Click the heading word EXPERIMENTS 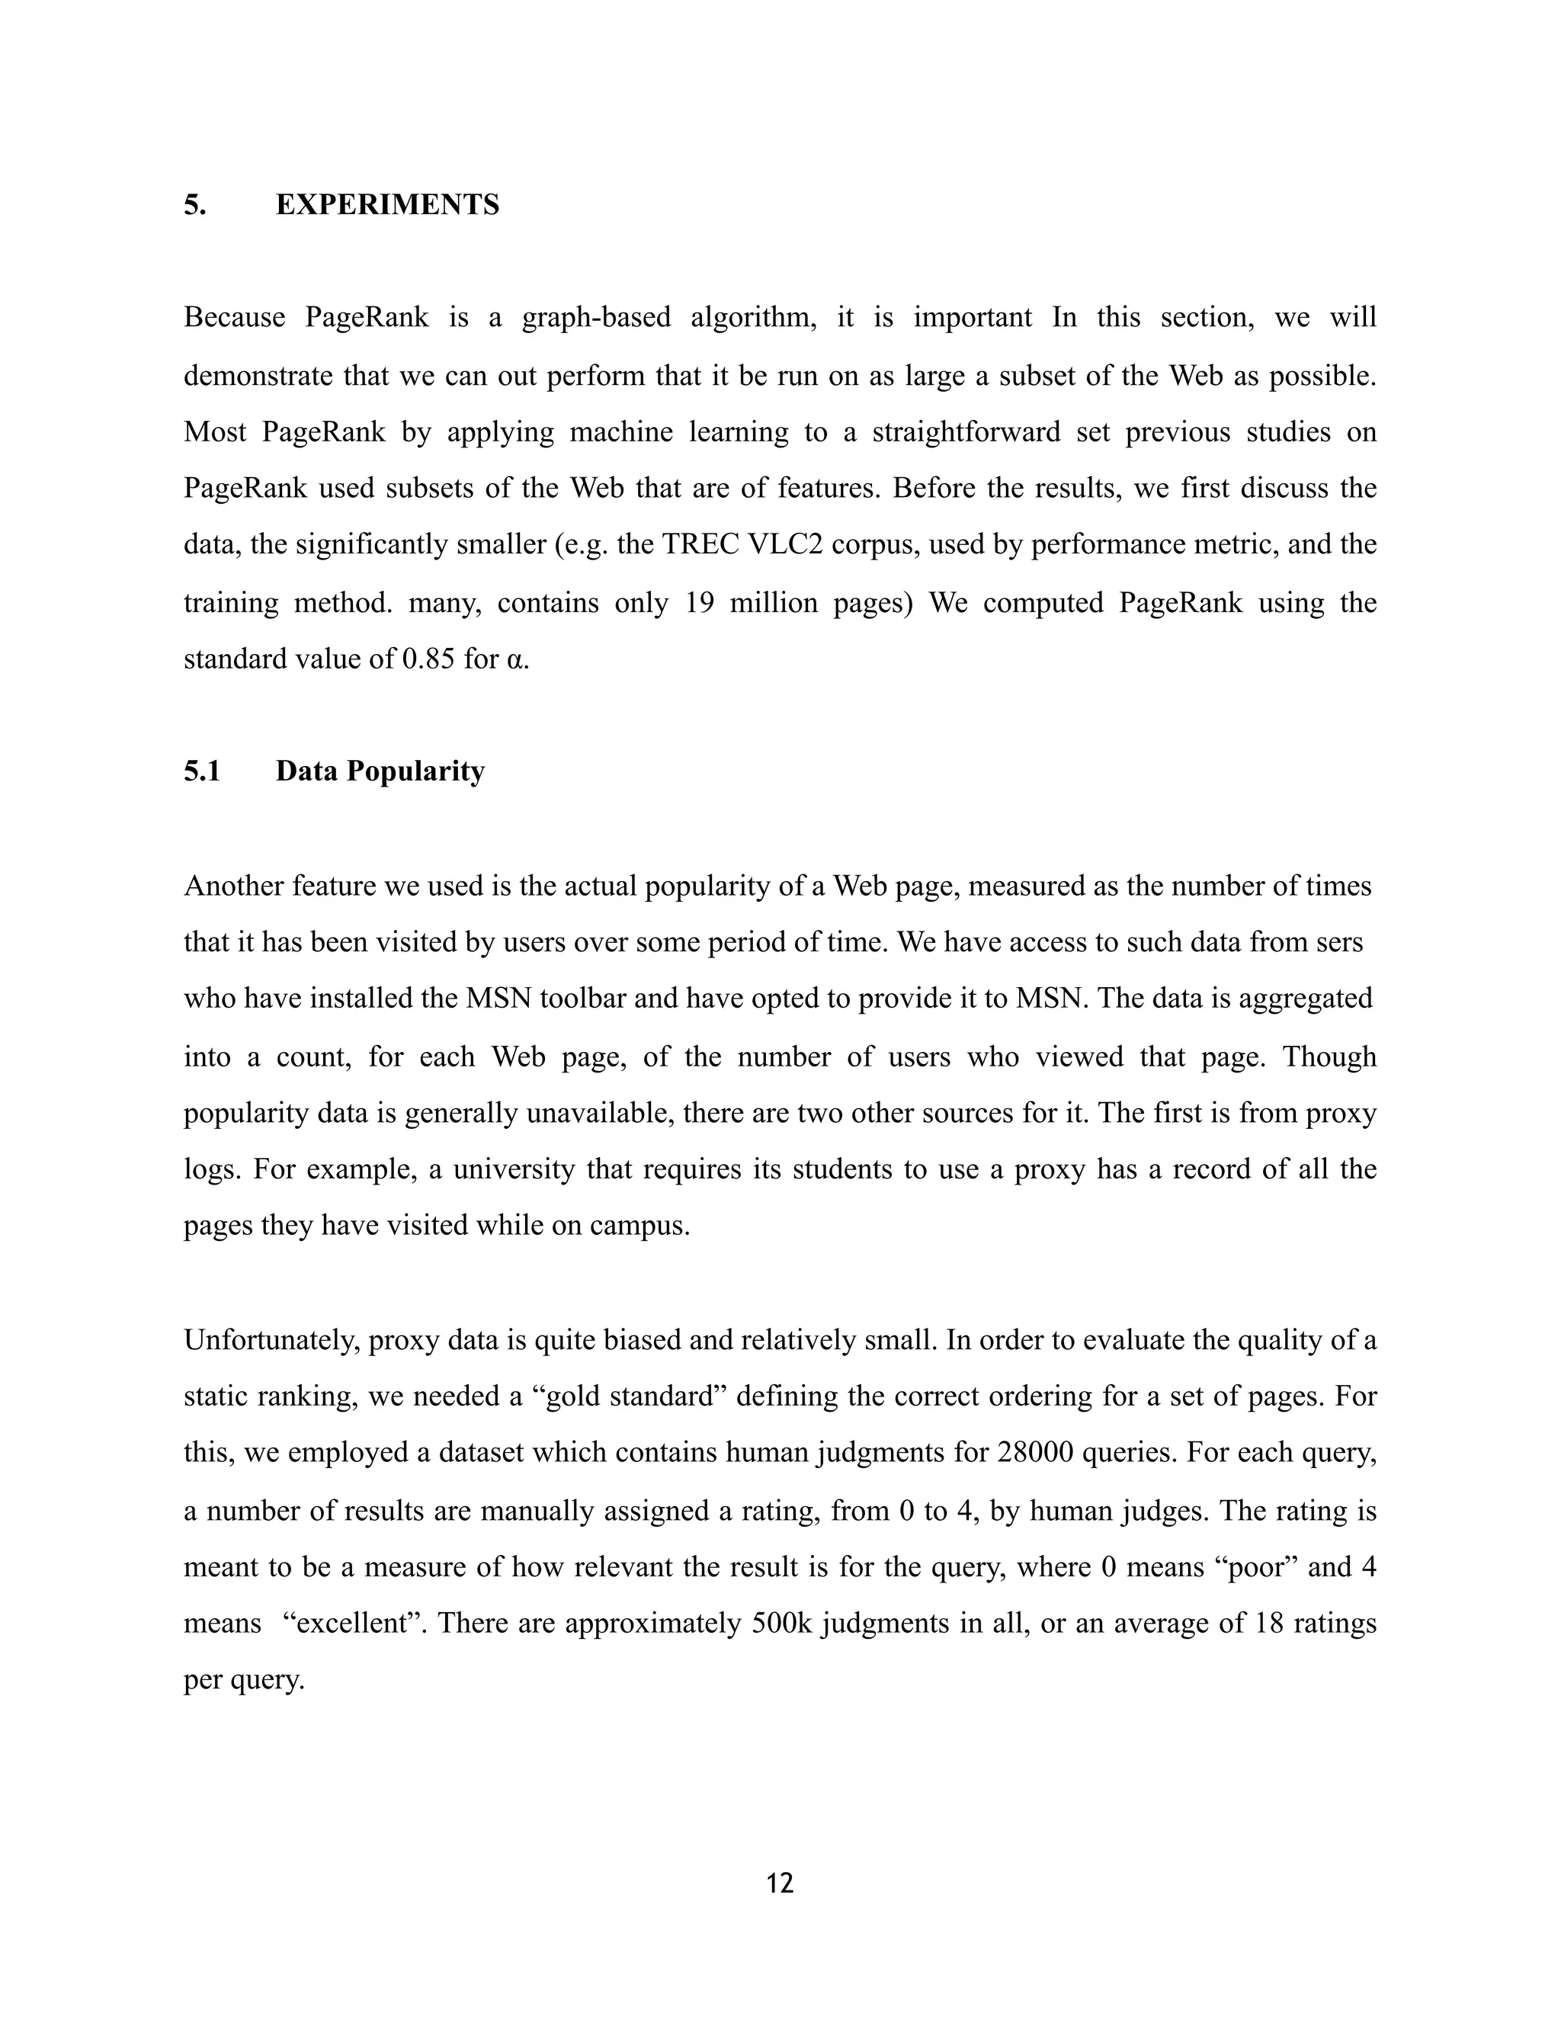tap(387, 204)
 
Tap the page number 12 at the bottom tap(780, 1883)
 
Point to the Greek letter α tap(516, 660)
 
